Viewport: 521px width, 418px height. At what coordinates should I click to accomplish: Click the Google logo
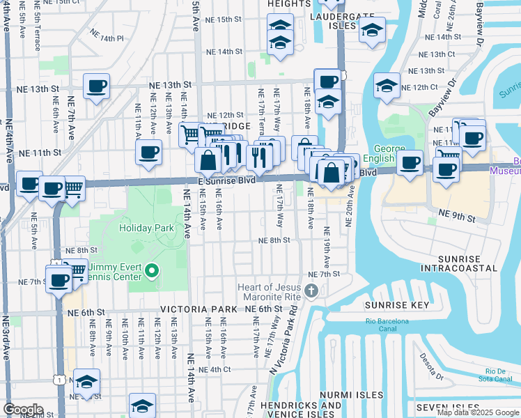click(23, 410)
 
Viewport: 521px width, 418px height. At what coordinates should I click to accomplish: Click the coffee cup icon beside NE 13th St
click(96, 86)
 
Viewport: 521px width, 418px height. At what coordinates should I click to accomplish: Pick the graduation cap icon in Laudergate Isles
click(372, 30)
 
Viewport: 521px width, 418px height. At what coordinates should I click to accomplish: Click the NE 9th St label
click(456, 218)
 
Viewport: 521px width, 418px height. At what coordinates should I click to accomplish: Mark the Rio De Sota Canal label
click(497, 375)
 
